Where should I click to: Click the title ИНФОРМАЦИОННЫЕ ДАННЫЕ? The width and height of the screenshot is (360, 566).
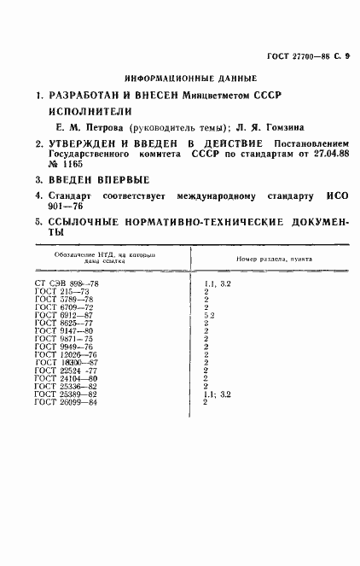(180, 76)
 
